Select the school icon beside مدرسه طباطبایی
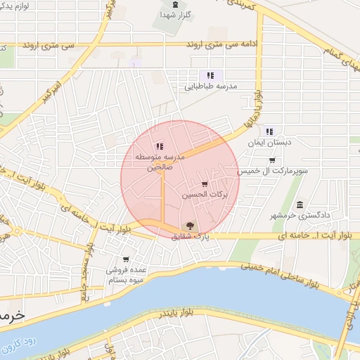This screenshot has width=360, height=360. (210, 75)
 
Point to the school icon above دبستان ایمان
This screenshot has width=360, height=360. (269, 131)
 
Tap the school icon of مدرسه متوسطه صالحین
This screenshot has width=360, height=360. (160, 146)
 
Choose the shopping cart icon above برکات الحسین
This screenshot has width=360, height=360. (205, 184)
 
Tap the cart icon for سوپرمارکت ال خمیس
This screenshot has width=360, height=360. (271, 160)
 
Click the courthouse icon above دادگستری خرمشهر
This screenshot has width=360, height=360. (300, 205)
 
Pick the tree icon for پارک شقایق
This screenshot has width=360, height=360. (188, 225)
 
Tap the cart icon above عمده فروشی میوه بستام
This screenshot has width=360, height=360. (126, 259)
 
